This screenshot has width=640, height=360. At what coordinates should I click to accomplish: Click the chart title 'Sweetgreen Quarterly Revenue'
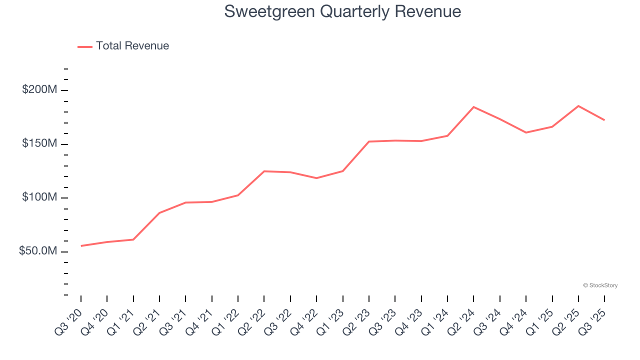342,11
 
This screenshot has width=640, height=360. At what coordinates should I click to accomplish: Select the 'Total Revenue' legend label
132,46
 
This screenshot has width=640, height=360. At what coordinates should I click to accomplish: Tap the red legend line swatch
85,46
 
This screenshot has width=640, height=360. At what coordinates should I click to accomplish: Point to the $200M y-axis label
39,90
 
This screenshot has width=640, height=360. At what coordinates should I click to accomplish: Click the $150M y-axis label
39,144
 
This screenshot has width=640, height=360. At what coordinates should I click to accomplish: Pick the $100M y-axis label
39,197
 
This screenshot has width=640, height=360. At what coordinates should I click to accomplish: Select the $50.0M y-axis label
38,251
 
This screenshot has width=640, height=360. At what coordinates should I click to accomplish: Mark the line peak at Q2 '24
473,107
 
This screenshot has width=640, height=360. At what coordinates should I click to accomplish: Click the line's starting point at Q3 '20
81,246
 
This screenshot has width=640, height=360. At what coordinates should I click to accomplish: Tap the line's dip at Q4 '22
316,178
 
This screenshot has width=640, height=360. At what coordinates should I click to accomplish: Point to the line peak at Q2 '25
578,106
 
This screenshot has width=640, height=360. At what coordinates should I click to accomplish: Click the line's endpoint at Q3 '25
604,120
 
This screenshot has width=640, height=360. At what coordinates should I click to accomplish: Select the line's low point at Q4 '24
526,132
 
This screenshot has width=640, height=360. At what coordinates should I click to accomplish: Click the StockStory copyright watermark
600,285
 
